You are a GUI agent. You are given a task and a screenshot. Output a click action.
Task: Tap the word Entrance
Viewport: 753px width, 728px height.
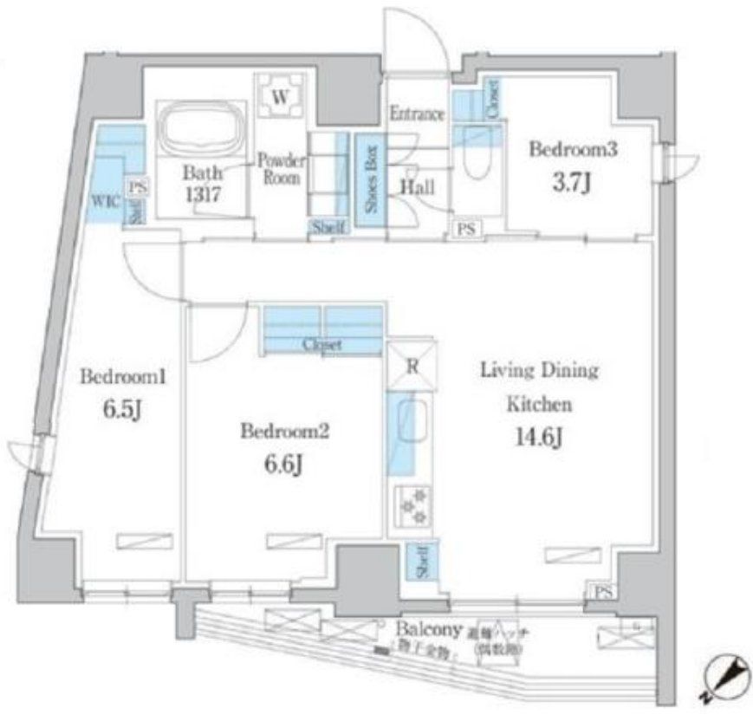pyautogui.click(x=416, y=114)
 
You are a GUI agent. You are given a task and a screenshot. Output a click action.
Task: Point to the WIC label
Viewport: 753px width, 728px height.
pyautogui.click(x=104, y=202)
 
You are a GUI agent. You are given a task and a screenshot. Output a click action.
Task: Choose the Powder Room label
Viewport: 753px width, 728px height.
pyautogui.click(x=280, y=169)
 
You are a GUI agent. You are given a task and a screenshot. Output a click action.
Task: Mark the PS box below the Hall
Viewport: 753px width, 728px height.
pyautogui.click(x=468, y=229)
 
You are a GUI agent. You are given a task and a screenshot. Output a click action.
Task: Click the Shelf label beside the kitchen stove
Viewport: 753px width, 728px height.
pyautogui.click(x=422, y=562)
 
